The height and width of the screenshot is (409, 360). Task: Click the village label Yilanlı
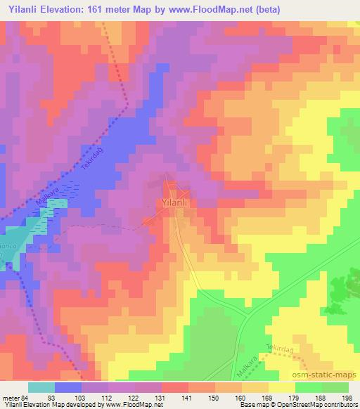pos(172,202)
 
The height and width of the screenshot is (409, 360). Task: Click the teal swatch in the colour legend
pos(41,387)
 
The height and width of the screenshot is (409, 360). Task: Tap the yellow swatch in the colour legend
pos(281,387)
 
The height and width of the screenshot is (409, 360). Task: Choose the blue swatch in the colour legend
pos(67,387)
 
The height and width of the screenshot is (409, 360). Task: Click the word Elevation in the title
pos(70,9)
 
